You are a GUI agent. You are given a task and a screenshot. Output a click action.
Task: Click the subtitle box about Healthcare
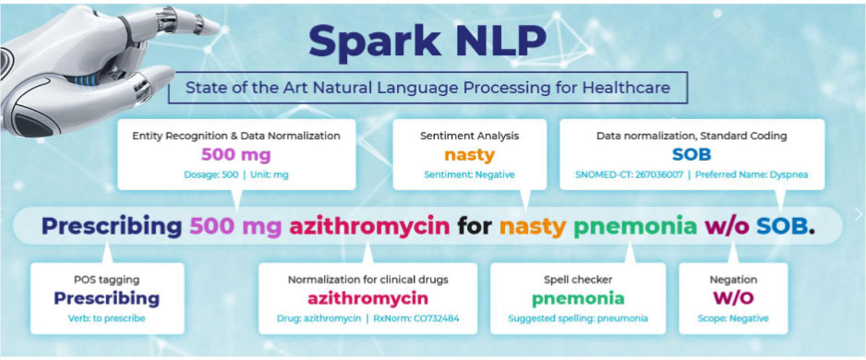(x=428, y=88)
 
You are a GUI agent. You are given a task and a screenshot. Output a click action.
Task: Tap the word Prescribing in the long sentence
(x=112, y=227)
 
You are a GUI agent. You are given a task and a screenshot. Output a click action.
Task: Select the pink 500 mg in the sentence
(x=235, y=227)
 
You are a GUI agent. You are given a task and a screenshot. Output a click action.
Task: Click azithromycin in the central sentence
(x=369, y=227)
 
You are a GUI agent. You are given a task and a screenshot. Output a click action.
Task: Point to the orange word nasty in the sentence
(x=533, y=227)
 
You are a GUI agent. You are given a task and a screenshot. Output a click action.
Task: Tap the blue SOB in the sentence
(x=781, y=226)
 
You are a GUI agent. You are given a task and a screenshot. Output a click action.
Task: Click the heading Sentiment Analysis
(x=469, y=136)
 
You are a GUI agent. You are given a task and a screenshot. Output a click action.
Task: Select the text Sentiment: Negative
(x=469, y=174)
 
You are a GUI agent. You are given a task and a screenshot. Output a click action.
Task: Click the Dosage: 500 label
(x=211, y=174)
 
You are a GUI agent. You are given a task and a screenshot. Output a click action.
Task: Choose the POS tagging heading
(x=106, y=280)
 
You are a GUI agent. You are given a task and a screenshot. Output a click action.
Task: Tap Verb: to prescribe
(x=106, y=318)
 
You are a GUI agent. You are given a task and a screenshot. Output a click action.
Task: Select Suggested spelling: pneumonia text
(x=578, y=318)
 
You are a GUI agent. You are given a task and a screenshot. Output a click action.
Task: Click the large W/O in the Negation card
(x=733, y=299)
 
